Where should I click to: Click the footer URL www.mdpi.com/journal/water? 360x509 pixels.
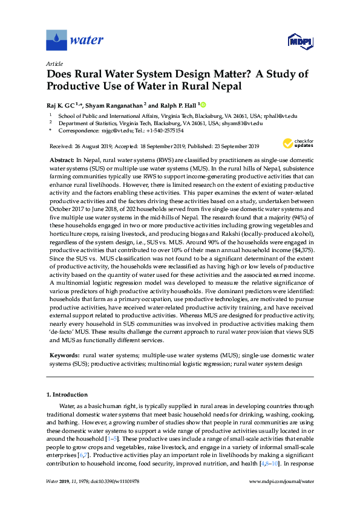pyautogui.click(x=281, y=498)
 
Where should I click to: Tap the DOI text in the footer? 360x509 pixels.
pyautogui.click(x=114, y=498)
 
